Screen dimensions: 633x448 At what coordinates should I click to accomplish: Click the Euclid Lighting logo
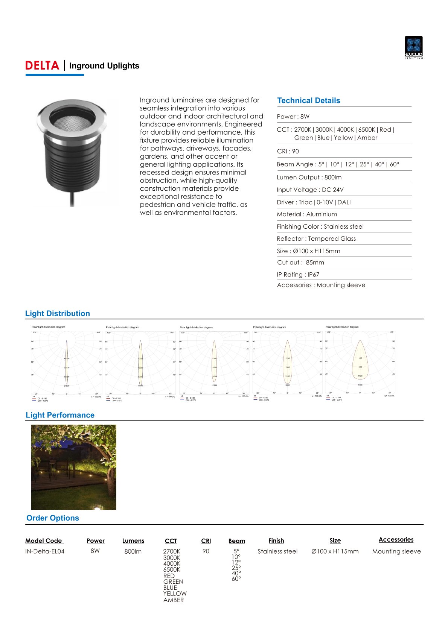click(413, 47)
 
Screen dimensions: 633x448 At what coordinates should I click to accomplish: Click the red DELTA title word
click(42, 66)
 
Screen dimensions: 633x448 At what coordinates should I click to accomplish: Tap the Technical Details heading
click(308, 101)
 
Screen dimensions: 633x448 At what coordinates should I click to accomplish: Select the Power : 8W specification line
click(293, 117)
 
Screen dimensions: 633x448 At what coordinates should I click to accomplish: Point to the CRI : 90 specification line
click(288, 151)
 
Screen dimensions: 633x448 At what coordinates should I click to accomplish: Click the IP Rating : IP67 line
click(298, 275)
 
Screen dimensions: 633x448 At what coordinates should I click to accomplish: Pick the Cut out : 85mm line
click(300, 263)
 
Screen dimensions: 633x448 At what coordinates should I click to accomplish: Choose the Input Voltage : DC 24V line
click(310, 190)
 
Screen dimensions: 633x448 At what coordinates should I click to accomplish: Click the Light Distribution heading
click(58, 314)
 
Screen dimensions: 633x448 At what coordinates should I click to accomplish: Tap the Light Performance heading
click(60, 415)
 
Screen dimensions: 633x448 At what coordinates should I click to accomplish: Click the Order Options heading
click(53, 518)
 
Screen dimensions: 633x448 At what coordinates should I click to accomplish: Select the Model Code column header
click(44, 541)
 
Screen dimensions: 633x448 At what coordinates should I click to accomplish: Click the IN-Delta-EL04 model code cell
click(45, 551)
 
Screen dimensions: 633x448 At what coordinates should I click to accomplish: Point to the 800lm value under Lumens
click(133, 551)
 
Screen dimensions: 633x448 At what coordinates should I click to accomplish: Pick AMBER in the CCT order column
click(174, 600)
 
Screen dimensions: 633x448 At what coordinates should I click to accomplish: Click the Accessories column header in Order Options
click(396, 540)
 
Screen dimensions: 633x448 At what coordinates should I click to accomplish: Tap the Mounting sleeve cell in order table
click(396, 551)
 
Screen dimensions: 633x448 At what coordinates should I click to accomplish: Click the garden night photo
click(74, 467)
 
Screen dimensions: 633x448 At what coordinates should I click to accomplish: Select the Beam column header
click(236, 541)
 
